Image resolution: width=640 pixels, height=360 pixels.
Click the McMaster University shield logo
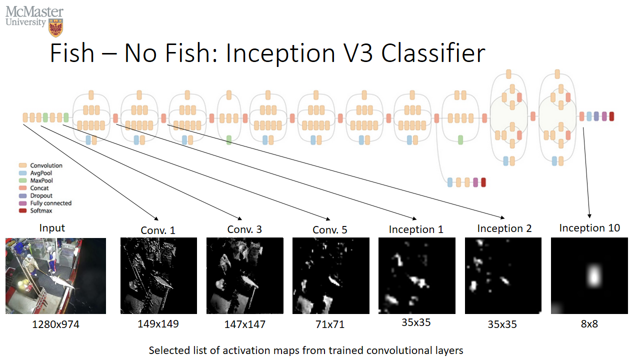(55, 27)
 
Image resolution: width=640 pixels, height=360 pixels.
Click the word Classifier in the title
(433, 53)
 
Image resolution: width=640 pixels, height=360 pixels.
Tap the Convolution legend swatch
(22, 165)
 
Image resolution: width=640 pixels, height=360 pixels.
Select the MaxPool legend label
(41, 180)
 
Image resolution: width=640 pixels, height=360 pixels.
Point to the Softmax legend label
(41, 211)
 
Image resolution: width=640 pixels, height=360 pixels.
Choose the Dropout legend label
(41, 196)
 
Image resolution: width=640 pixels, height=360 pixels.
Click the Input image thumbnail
(55, 275)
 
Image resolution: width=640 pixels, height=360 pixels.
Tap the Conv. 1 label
(158, 230)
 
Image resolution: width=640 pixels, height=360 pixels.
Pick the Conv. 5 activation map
(330, 275)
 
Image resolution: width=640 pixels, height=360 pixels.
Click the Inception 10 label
(589, 228)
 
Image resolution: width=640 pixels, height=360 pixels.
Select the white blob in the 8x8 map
(593, 275)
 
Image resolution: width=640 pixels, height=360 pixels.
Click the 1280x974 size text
(55, 325)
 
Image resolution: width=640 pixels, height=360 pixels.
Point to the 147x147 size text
(244, 325)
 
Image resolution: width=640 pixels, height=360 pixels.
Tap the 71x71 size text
(330, 325)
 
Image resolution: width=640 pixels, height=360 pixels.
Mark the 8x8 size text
(589, 323)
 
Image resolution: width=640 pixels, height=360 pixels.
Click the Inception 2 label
(504, 228)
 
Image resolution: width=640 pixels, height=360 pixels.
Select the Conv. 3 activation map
(245, 275)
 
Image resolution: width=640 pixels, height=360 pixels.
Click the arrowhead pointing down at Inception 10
(590, 216)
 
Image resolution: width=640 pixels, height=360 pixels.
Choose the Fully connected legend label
(50, 203)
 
